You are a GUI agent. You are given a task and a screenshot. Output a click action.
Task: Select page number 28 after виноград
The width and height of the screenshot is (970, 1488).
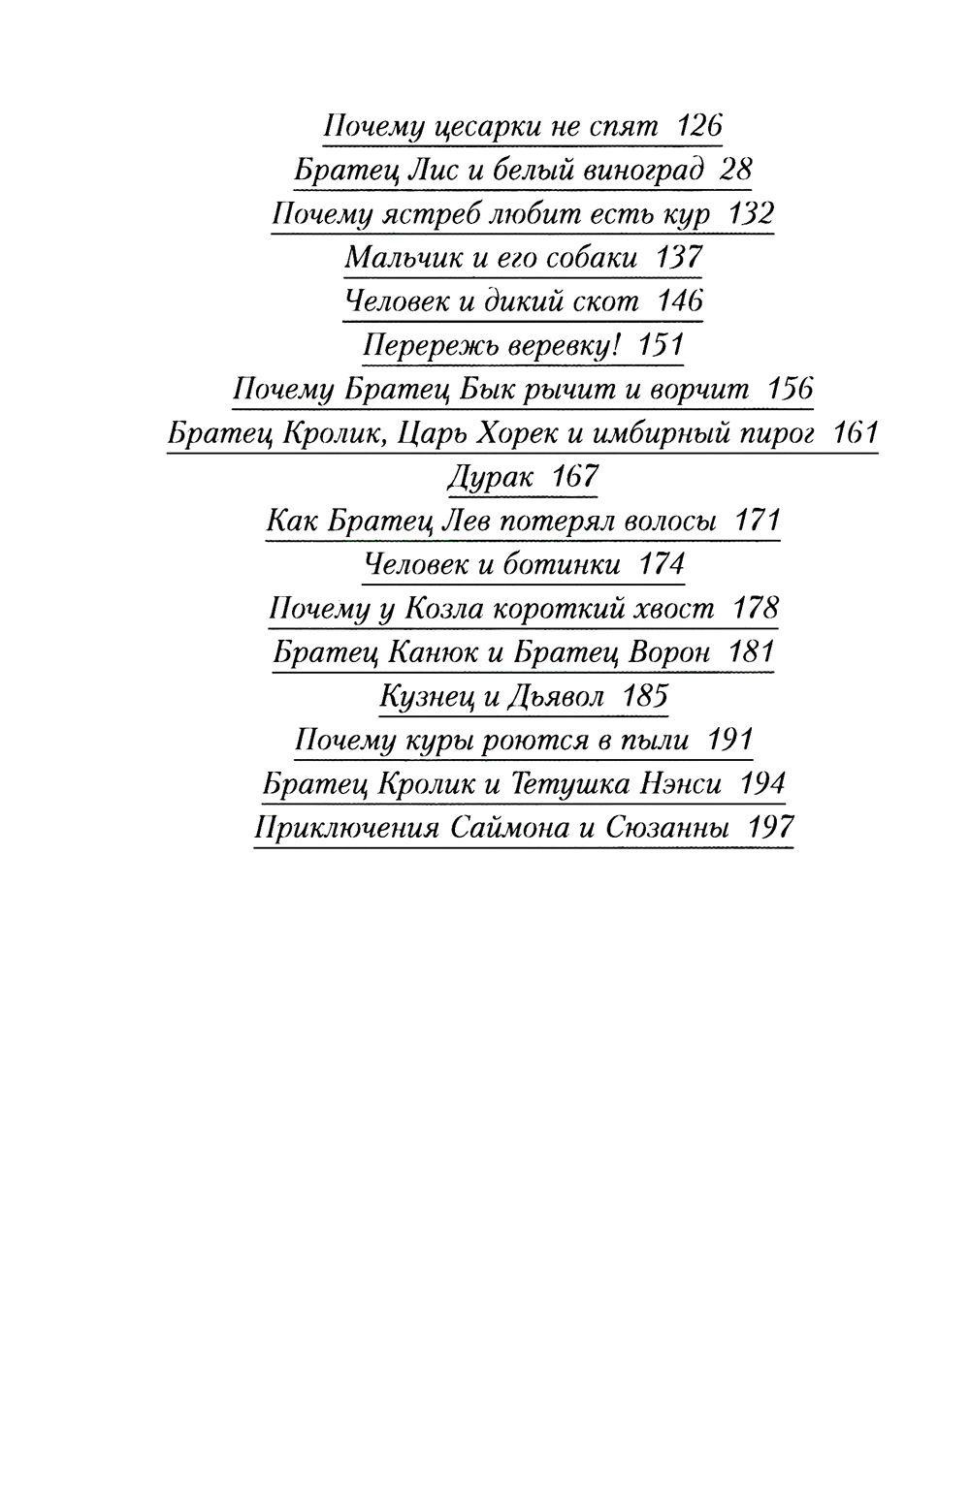pos(736,170)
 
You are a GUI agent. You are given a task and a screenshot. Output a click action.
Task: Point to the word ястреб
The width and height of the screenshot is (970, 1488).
pos(433,214)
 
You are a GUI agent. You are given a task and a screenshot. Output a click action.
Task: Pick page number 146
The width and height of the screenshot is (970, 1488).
pos(680,301)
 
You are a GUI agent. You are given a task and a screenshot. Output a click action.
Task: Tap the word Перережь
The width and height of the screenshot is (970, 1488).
pos(418,345)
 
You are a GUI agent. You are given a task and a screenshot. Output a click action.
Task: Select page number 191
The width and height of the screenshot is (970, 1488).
pos(731,741)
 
